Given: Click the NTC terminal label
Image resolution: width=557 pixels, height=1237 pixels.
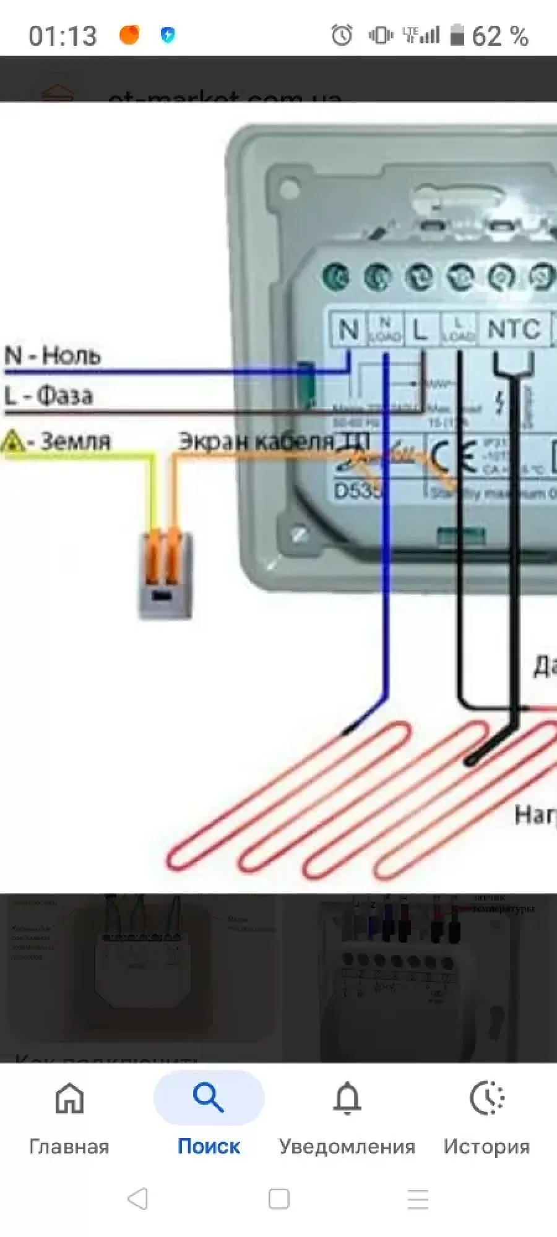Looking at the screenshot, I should click(513, 330).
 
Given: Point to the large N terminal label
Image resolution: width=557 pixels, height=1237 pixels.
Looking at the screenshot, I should click(348, 330).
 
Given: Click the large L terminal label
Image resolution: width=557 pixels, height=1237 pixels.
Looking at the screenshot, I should click(421, 330).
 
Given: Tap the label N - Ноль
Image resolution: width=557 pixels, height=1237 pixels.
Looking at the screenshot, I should click(53, 356).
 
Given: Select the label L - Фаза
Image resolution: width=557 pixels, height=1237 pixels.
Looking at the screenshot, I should click(49, 395).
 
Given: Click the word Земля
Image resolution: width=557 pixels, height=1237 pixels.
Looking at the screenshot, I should click(75, 441).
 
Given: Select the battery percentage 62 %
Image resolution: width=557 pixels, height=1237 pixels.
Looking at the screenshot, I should click(500, 36).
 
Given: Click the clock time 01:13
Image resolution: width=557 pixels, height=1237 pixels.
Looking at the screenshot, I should click(63, 36).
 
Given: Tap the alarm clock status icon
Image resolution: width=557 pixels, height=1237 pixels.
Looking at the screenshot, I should click(342, 35).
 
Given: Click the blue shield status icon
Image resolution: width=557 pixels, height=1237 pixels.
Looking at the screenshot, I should click(168, 35).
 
